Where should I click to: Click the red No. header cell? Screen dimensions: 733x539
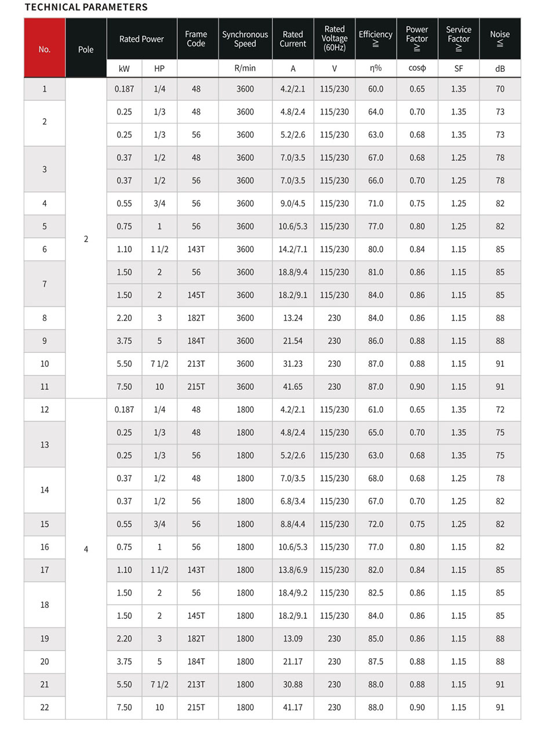45,49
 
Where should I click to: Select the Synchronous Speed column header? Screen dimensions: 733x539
245,39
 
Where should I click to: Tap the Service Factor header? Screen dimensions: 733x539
458,39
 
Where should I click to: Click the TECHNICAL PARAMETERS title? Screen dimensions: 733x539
86,8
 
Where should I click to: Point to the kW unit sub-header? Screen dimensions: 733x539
124,68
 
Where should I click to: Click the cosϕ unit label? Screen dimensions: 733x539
417,68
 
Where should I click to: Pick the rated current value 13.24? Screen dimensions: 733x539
293,318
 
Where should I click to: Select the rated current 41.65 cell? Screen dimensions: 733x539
293,386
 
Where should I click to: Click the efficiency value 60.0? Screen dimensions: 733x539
376,89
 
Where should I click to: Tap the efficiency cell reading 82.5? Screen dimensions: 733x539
376,593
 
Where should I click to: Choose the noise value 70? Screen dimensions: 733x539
500,89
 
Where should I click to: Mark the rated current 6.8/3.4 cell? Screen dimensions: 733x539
293,501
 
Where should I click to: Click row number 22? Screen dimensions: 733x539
45,708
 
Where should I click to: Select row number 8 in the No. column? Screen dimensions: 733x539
45,318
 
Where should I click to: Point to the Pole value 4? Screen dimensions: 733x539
86,549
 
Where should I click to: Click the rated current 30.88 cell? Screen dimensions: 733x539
293,684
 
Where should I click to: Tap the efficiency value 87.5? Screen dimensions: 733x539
376,662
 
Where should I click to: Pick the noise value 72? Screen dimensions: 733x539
500,410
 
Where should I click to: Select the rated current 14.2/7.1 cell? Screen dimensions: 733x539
293,249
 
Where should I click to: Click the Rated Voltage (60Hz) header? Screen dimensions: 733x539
334,39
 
